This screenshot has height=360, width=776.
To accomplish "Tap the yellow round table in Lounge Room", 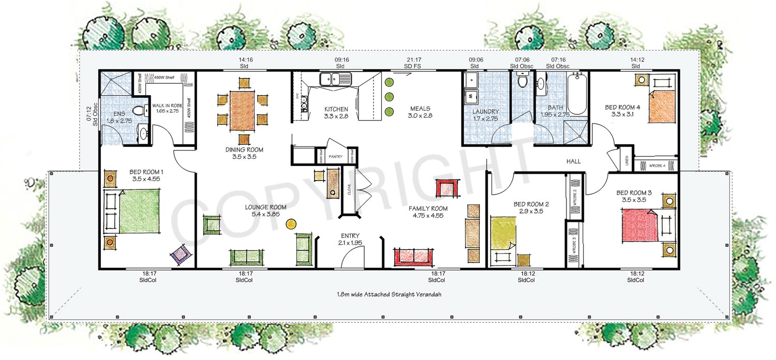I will click(x=291, y=224).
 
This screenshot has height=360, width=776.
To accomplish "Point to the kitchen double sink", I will click(x=335, y=80).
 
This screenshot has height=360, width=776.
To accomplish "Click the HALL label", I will click(x=573, y=161).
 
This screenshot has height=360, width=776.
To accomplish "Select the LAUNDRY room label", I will click(x=485, y=111).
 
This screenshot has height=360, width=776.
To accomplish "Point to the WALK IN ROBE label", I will click(x=167, y=105).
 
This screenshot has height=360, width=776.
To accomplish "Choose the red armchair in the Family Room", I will click(x=447, y=188).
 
